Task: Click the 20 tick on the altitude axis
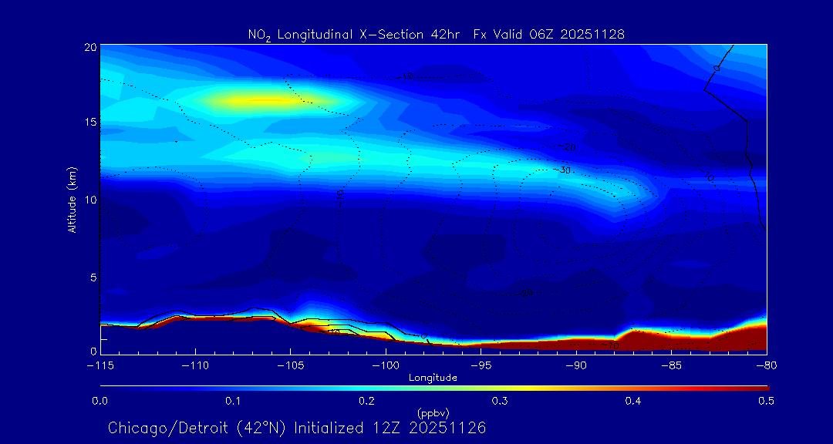[x=89, y=47]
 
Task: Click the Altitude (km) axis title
[x=73, y=200]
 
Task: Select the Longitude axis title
[x=433, y=378]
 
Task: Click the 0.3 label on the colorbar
[x=500, y=401]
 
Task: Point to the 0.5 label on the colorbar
[x=767, y=401]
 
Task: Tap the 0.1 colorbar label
[x=233, y=401]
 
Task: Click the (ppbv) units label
[x=433, y=412]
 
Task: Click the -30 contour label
[x=565, y=170]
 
